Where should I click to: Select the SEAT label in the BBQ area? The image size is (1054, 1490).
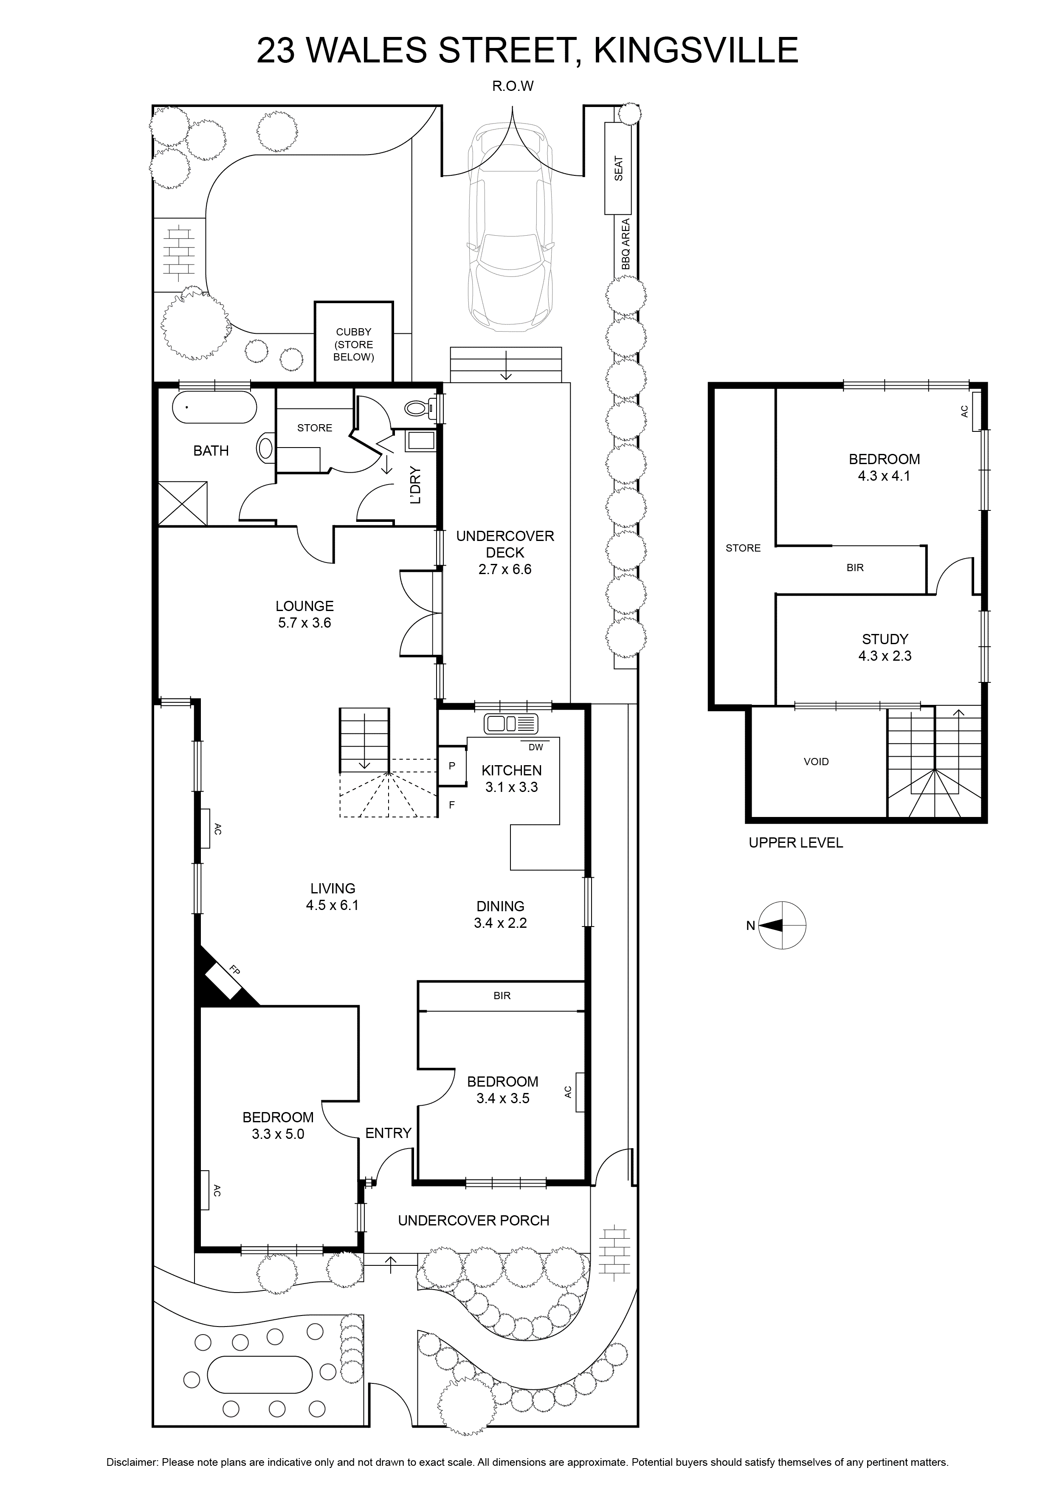click(x=618, y=169)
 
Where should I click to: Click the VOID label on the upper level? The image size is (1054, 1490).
click(x=816, y=762)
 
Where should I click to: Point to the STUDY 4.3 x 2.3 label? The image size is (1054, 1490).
click(x=885, y=647)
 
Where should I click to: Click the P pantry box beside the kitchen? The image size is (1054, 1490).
click(x=452, y=766)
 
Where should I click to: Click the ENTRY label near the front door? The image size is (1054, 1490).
click(x=388, y=1133)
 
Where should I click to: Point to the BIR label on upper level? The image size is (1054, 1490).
click(x=855, y=568)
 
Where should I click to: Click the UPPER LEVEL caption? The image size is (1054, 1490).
click(x=796, y=843)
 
